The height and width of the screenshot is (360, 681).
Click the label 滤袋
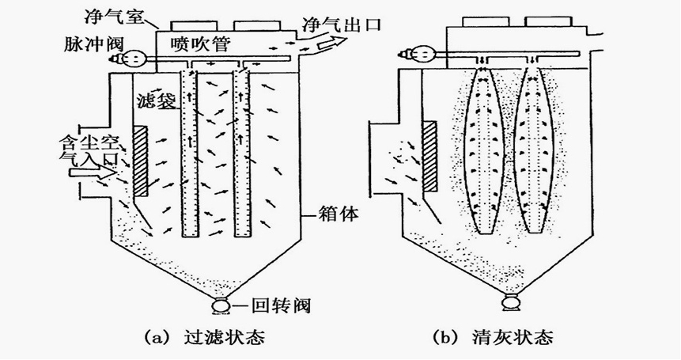pyautogui.click(x=155, y=100)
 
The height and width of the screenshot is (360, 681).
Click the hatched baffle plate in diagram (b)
pyautogui.click(x=431, y=156)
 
